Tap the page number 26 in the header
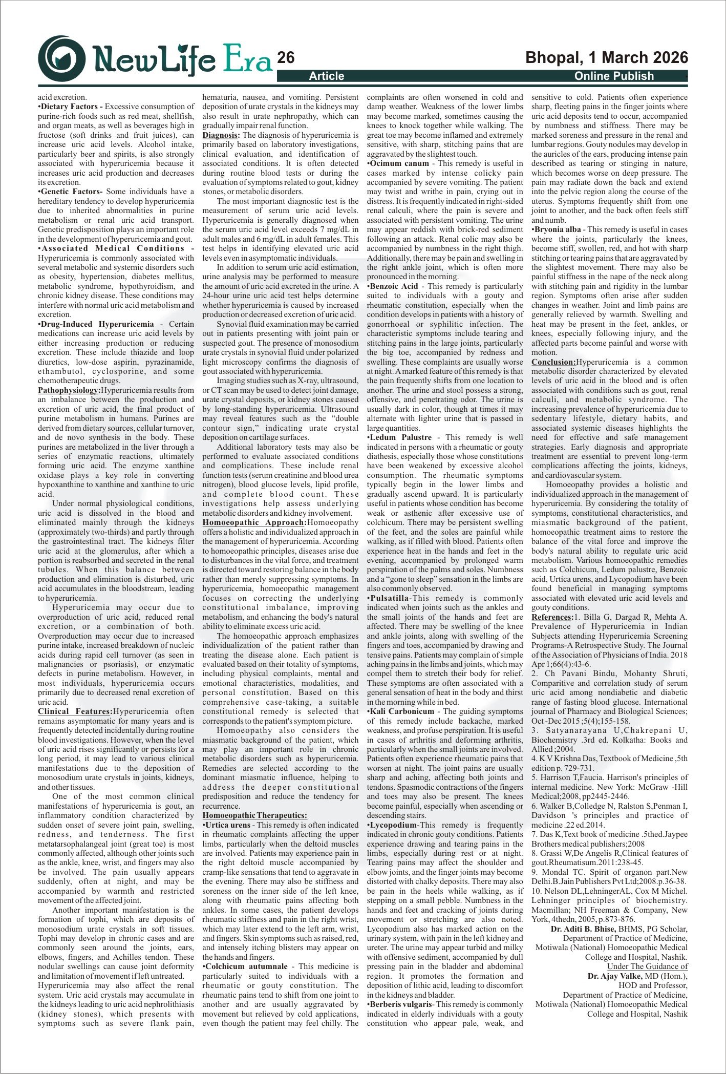click(x=286, y=58)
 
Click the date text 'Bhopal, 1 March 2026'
click(x=607, y=57)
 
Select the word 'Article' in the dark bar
click(x=326, y=76)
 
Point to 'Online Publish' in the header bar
click(x=614, y=76)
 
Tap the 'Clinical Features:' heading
click(x=75, y=711)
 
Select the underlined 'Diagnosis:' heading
click(x=221, y=135)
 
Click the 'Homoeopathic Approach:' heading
click(x=254, y=522)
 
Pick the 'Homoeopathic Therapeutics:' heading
click(x=254, y=815)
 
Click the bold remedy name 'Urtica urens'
click(x=228, y=825)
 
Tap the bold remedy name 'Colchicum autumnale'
click(x=246, y=966)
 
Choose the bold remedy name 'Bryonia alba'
click(x=557, y=229)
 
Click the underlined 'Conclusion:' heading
click(x=553, y=362)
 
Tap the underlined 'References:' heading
click(x=552, y=617)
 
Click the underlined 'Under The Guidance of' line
click(x=647, y=966)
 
